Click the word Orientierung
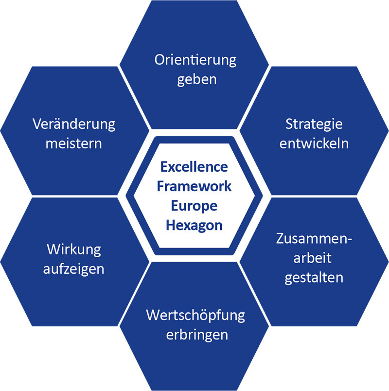pos(195,61)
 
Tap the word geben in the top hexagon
pos(197,80)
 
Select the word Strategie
pos(314,124)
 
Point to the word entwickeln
pos(314,143)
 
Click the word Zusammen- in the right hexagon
pos(314,238)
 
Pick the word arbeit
pos(312,258)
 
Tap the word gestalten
pos(314,278)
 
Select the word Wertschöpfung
pos(195,316)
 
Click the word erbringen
pos(197,335)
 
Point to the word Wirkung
pos(74,250)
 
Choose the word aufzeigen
pos(73,269)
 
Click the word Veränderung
pos(74,124)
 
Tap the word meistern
pos(74,144)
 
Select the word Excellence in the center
pos(194,167)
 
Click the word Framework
pos(194,186)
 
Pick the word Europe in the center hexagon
pos(194,206)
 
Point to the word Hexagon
pos(194,226)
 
